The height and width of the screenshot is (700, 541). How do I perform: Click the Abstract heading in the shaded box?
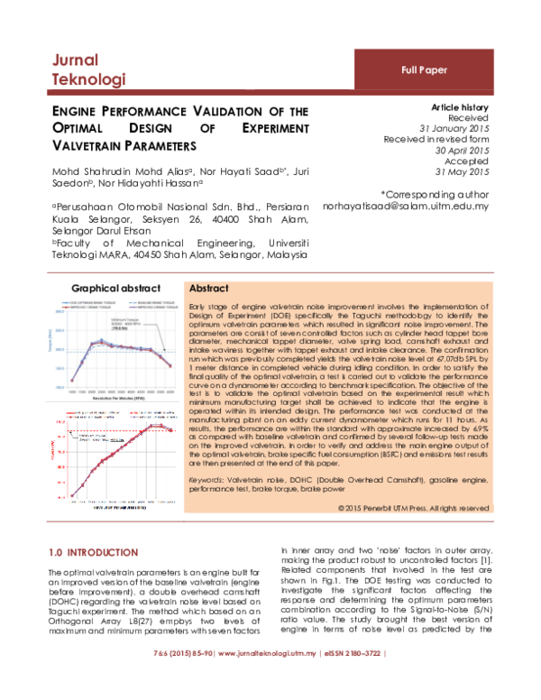coord(207,288)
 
